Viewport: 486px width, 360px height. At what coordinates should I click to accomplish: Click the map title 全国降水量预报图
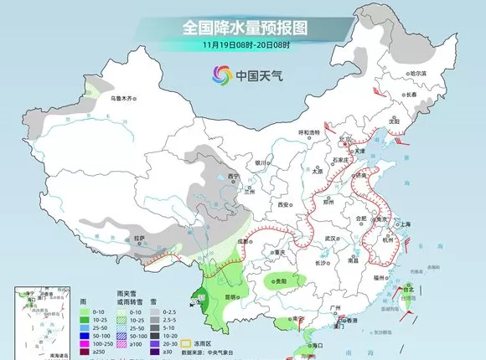point(242,27)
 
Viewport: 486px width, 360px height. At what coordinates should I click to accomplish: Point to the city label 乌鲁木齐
point(124,99)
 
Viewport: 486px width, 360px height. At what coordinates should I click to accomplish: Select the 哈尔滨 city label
point(416,74)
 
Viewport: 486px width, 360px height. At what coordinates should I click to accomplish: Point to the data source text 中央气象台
point(217,352)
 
